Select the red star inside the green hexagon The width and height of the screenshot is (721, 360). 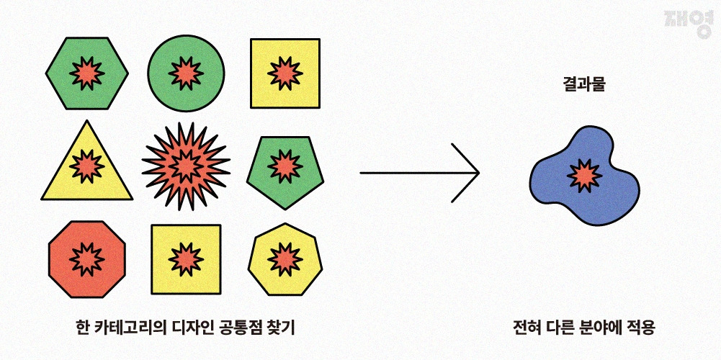(x=87, y=73)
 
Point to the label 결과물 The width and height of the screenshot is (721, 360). (x=584, y=84)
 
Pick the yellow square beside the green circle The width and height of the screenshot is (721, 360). (x=285, y=73)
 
